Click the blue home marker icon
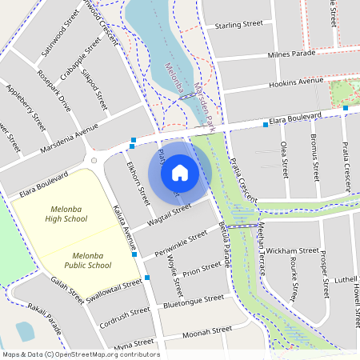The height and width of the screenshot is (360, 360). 180,172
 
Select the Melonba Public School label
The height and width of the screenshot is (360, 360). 87,259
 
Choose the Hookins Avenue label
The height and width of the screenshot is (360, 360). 296,82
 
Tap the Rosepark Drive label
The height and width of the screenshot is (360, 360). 54,90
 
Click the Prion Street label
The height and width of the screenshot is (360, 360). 202,271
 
